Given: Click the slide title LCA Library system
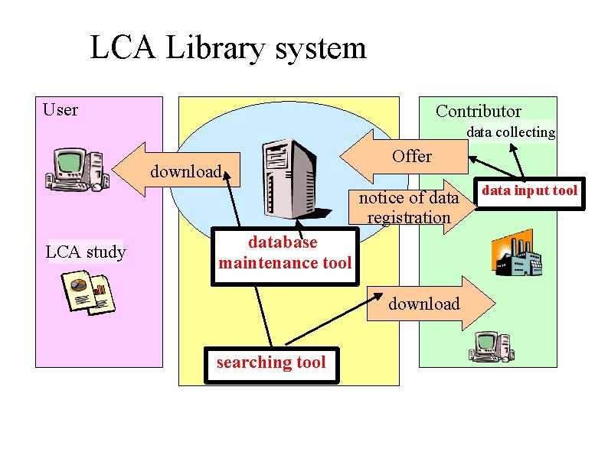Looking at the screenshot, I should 228,48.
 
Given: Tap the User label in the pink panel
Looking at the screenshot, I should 60,110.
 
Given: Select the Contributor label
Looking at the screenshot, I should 478,111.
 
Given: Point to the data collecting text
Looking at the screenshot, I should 511,132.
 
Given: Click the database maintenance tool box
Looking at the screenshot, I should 284,253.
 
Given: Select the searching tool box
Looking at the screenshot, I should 270,362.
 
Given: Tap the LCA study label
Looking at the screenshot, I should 86,252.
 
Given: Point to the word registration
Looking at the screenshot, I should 409,217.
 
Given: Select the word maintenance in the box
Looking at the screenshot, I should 270,263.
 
